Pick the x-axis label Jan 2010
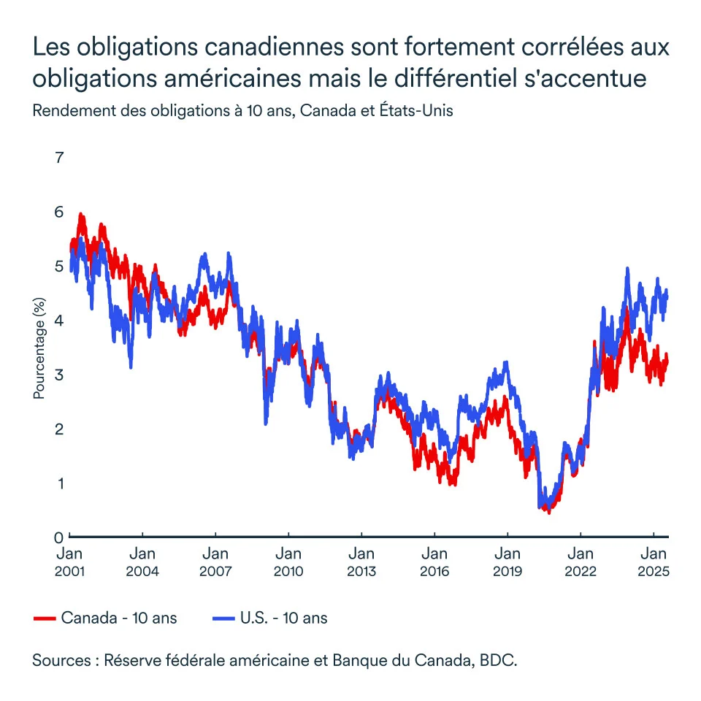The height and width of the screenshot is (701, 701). (x=288, y=562)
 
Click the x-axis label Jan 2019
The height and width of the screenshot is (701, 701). (x=507, y=562)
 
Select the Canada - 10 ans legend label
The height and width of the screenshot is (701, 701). (x=119, y=618)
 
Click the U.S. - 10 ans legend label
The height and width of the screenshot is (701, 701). (x=283, y=618)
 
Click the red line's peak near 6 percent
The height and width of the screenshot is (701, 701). (x=80, y=215)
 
